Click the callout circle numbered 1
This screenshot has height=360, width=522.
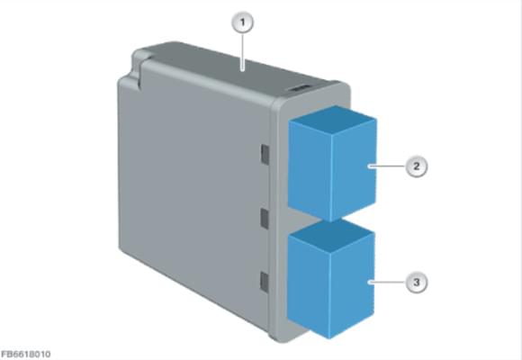coord(242,23)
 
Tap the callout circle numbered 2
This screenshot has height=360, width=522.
coord(417,166)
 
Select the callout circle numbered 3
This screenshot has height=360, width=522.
coord(417,283)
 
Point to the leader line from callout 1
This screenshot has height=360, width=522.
coord(243,51)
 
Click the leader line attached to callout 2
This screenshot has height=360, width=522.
coord(387,166)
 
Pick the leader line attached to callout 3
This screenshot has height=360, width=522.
coord(387,283)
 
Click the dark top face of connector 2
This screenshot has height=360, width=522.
coord(334,118)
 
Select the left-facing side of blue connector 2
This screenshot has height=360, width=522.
coord(310,171)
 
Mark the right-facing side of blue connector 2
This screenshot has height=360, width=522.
coord(354,170)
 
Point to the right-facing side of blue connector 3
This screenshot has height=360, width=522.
coord(352,285)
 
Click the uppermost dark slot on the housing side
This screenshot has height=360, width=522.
coord(265,155)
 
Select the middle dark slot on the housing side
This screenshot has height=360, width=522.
coord(265,219)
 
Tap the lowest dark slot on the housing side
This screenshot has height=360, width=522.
coord(264,283)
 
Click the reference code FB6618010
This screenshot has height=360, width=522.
coord(25,354)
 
